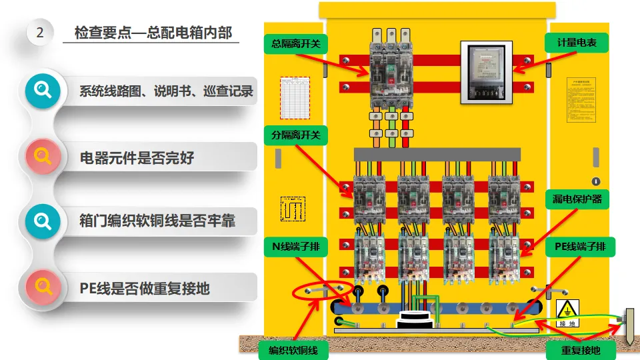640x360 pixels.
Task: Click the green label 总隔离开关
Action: click(x=296, y=44)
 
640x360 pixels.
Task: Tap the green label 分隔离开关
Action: click(x=296, y=135)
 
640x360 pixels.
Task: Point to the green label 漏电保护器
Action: click(x=577, y=199)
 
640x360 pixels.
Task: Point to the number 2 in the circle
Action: click(x=40, y=32)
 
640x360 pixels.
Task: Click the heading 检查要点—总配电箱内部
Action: click(x=153, y=32)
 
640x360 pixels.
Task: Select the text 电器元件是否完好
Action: click(x=137, y=158)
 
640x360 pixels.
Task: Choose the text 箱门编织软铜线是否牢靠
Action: click(x=157, y=221)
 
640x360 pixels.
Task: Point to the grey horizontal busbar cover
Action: click(x=437, y=154)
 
